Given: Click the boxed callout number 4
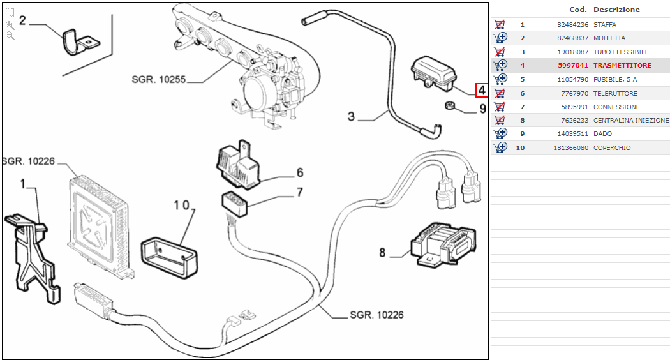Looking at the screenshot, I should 482,91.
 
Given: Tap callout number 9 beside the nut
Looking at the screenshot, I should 482,109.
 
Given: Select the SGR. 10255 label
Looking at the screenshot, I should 158,80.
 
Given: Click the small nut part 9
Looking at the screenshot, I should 449,105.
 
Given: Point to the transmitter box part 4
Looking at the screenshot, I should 435,71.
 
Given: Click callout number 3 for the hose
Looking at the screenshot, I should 351,116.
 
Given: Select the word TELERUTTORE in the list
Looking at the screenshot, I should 615,93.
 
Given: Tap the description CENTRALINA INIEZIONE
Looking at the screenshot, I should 631,121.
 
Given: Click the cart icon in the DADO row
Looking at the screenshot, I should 500,134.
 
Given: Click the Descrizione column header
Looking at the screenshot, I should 616,10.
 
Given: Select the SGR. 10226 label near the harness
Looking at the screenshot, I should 376,315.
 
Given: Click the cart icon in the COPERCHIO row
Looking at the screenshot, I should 500,147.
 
